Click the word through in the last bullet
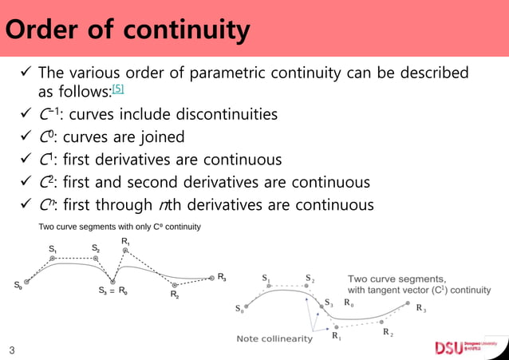pyautogui.click(x=130, y=205)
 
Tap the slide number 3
pyautogui.click(x=12, y=350)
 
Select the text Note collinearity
pyautogui.click(x=274, y=339)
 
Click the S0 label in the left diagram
pyautogui.click(x=18, y=285)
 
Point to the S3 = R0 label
pyautogui.click(x=113, y=292)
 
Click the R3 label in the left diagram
pyautogui.click(x=223, y=278)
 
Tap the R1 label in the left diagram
pyautogui.click(x=126, y=240)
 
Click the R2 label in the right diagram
pyautogui.click(x=387, y=331)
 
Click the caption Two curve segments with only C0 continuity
pyautogui.click(x=120, y=227)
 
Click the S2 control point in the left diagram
pyautogui.click(x=95, y=258)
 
